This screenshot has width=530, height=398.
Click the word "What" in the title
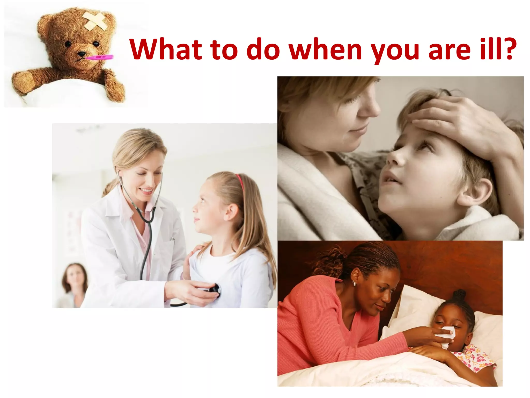[166, 49]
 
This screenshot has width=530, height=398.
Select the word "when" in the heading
[325, 49]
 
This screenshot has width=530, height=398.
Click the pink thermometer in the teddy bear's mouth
[100, 57]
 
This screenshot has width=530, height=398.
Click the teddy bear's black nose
[82, 54]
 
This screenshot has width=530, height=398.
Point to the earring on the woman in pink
[354, 284]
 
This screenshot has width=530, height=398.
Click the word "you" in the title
[395, 51]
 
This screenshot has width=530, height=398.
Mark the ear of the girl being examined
[231, 211]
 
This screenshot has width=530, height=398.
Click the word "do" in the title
[263, 49]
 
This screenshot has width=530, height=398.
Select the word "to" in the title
[224, 49]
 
